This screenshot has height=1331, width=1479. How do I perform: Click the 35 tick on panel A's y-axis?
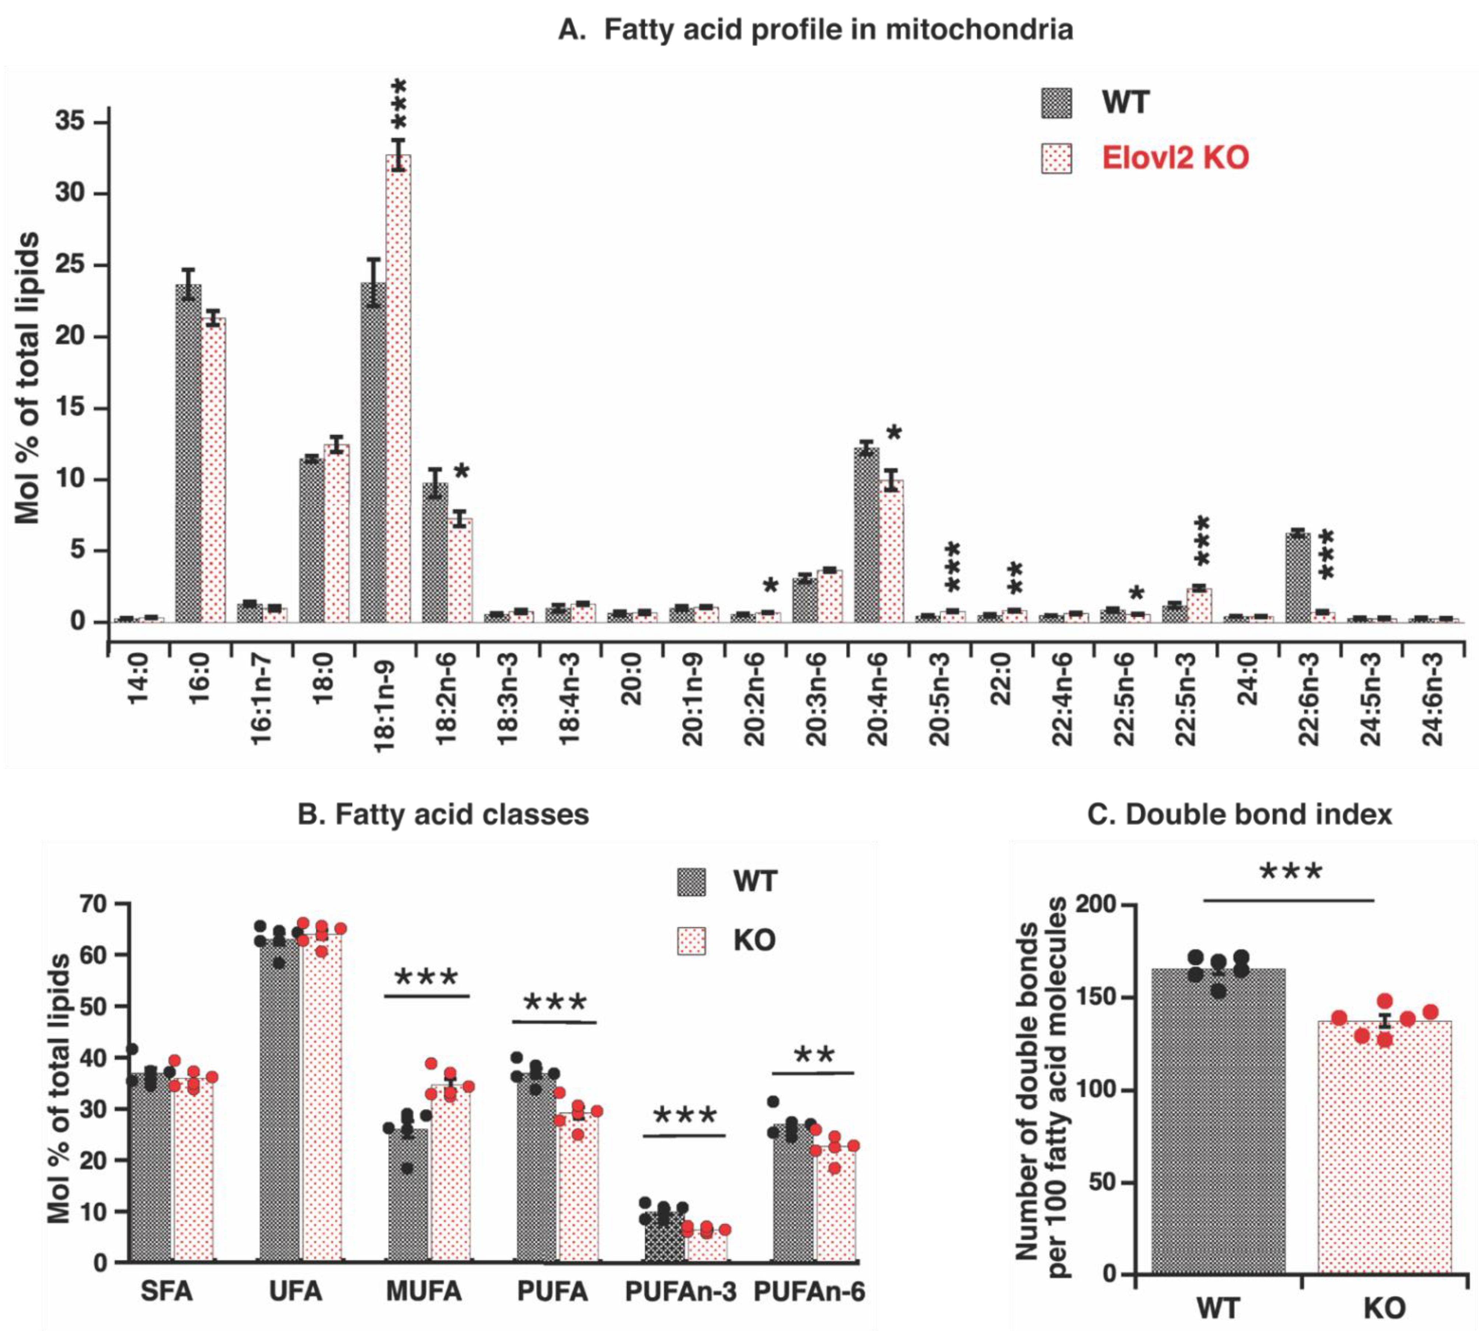[x=70, y=122]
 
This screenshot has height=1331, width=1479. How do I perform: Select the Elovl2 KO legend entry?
[x=1175, y=158]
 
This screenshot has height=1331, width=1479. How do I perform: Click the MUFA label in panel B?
[x=424, y=1292]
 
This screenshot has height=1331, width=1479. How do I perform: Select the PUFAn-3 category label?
[x=680, y=1292]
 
